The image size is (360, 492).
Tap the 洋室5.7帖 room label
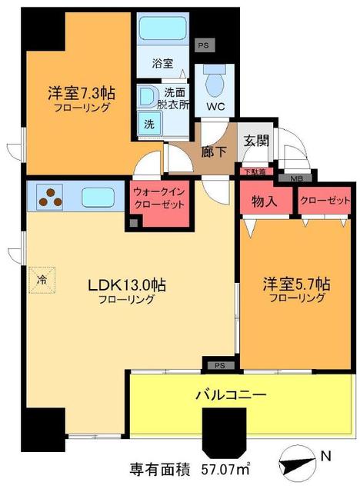(295, 283)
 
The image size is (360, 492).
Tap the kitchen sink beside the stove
(98, 197)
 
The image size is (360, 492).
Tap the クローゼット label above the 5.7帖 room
(318, 201)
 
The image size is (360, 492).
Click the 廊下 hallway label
(214, 151)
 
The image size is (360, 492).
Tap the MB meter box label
(296, 178)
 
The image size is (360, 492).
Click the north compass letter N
(326, 456)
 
